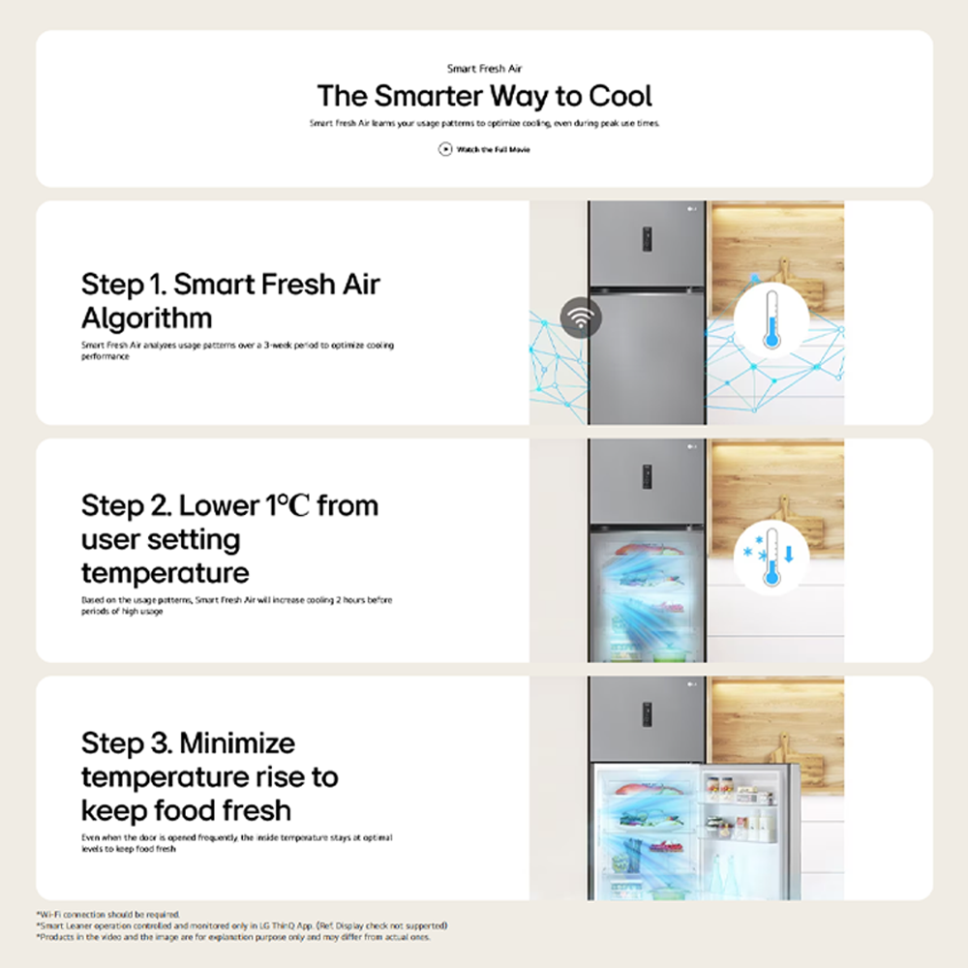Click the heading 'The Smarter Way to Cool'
pyautogui.click(x=484, y=96)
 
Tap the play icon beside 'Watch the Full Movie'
pyautogui.click(x=445, y=149)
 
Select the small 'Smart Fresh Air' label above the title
pyautogui.click(x=484, y=69)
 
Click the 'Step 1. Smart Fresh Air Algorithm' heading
pyautogui.click(x=230, y=300)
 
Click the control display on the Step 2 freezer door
pyautogui.click(x=647, y=476)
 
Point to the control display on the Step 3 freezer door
pyautogui.click(x=647, y=714)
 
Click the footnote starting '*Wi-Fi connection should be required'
pyautogui.click(x=108, y=914)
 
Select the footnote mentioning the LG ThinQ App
pyautogui.click(x=242, y=925)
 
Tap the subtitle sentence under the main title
pyautogui.click(x=484, y=124)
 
